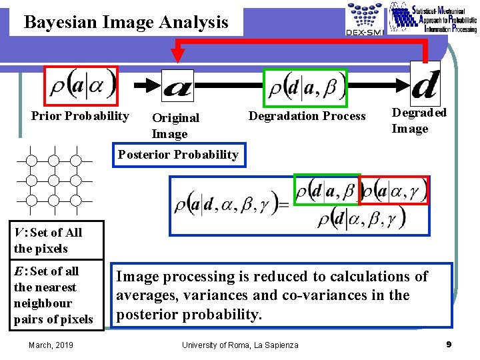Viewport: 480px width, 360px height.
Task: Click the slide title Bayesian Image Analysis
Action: pos(126,23)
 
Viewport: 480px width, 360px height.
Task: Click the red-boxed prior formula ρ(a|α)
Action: pos(81,85)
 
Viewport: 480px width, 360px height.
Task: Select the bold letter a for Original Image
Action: pos(177,86)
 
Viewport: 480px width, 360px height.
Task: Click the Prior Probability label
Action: pos(80,116)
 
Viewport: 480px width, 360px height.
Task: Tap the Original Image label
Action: pos(175,125)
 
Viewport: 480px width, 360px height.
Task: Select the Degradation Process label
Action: pos(307,116)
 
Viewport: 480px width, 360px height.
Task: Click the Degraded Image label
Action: pos(419,121)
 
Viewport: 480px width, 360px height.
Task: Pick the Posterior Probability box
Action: pos(178,155)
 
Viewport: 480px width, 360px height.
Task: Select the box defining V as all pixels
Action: pos(57,240)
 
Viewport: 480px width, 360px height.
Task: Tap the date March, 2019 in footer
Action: pos(51,344)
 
